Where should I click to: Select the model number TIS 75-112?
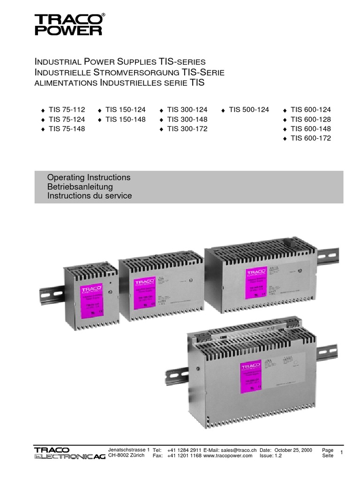pyautogui.click(x=67, y=110)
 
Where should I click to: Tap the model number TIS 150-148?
pyautogui.click(x=126, y=120)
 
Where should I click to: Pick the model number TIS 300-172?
pyautogui.click(x=187, y=129)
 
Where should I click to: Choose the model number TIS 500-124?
pyautogui.click(x=249, y=110)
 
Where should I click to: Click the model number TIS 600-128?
pyautogui.click(x=311, y=120)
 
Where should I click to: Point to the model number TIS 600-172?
pyautogui.click(x=311, y=138)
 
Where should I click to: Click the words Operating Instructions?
pyautogui.click(x=89, y=178)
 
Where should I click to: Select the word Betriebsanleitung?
pyautogui.click(x=80, y=187)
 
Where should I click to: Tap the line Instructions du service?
pyautogui.click(x=90, y=196)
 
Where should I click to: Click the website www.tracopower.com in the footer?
pyautogui.click(x=228, y=456)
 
